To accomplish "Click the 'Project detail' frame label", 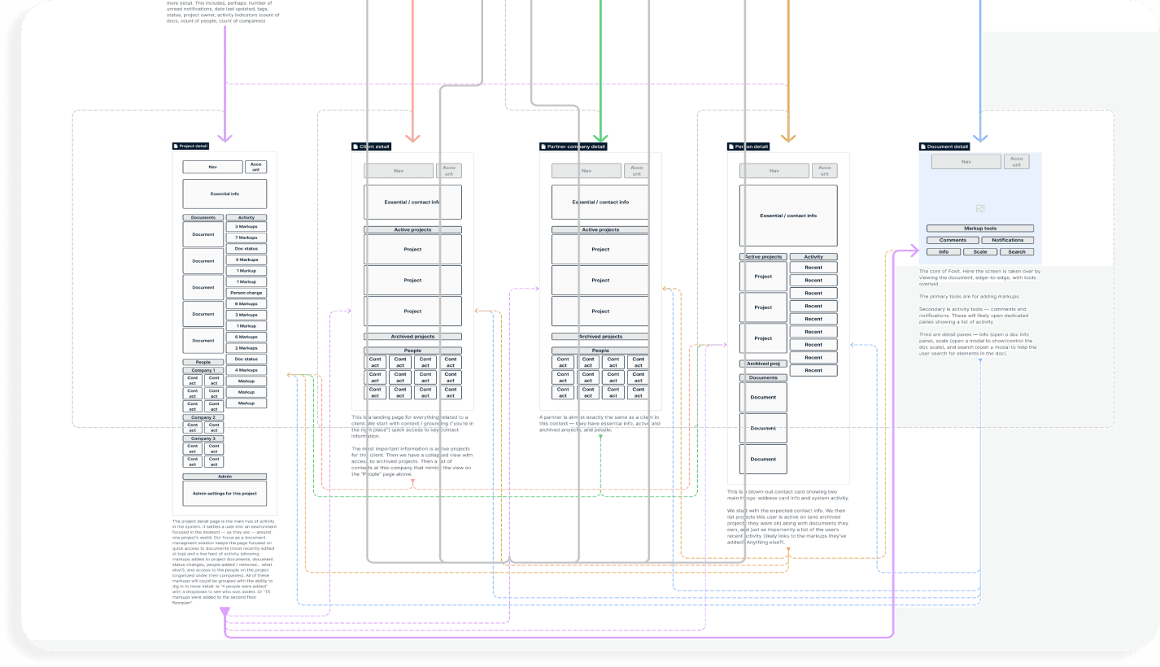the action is pyautogui.click(x=192, y=146).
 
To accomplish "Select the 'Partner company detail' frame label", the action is pyautogui.click(x=573, y=146).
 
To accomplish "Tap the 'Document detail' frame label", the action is pyautogui.click(x=945, y=146).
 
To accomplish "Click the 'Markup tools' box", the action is pyautogui.click(x=980, y=229).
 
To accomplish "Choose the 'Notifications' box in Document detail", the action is pyautogui.click(x=1008, y=240).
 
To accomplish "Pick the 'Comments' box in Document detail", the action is pyautogui.click(x=953, y=240).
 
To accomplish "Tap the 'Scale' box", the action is pyautogui.click(x=980, y=252).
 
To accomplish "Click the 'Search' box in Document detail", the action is pyautogui.click(x=1017, y=252).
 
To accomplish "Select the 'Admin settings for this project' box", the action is pyautogui.click(x=225, y=494).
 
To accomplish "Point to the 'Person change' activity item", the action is pyautogui.click(x=246, y=293).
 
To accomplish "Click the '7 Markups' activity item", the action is pyautogui.click(x=246, y=238).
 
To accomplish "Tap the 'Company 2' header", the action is pyautogui.click(x=203, y=417).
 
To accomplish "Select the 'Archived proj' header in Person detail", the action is pyautogui.click(x=763, y=364).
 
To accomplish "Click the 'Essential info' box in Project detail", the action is pyautogui.click(x=225, y=194).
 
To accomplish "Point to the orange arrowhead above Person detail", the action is pyautogui.click(x=787, y=137).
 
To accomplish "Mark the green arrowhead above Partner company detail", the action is pyautogui.click(x=600, y=137).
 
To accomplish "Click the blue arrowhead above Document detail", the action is pyautogui.click(x=980, y=137).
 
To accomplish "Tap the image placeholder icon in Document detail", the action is pyautogui.click(x=980, y=209).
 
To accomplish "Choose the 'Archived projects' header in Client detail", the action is pyautogui.click(x=412, y=337).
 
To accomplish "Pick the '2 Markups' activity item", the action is pyautogui.click(x=246, y=348).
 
